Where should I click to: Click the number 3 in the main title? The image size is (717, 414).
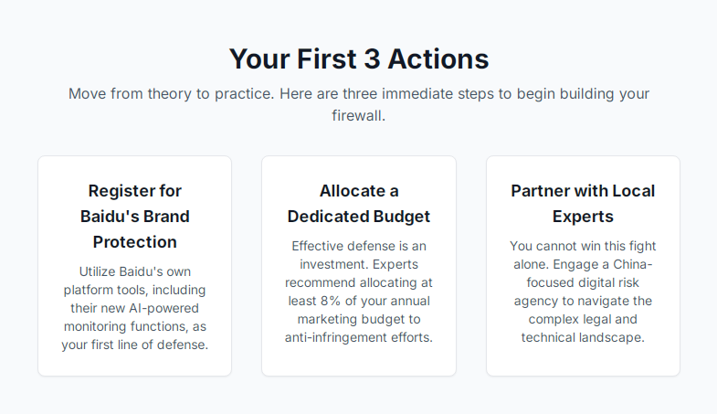(373, 59)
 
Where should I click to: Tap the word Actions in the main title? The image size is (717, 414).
(438, 59)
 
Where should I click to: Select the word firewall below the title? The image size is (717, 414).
(358, 116)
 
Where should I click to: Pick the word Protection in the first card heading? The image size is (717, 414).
(135, 242)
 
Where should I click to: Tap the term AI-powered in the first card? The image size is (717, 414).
(163, 308)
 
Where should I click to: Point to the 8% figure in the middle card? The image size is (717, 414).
(331, 301)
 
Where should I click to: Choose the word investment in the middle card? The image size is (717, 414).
(334, 264)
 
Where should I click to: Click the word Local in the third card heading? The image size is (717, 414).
(634, 191)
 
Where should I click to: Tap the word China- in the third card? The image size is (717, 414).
(633, 264)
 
